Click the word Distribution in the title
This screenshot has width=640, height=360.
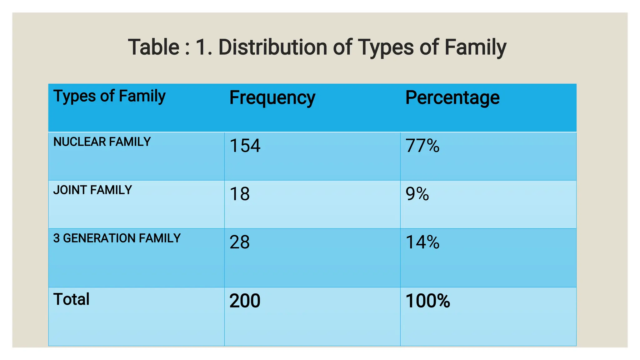click(x=273, y=47)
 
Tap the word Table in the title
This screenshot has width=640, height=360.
click(x=153, y=47)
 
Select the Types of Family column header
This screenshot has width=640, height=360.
click(x=109, y=96)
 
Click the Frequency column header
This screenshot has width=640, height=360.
click(x=272, y=98)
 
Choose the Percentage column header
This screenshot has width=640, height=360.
click(x=452, y=98)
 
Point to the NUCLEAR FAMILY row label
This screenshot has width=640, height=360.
click(x=102, y=142)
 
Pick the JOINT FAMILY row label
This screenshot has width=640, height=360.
click(x=92, y=190)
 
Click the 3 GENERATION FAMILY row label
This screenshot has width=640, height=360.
click(x=117, y=238)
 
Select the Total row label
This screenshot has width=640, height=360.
click(x=71, y=299)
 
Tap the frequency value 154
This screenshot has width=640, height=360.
click(x=245, y=146)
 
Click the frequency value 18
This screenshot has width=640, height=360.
click(x=239, y=194)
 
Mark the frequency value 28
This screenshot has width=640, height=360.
click(x=239, y=242)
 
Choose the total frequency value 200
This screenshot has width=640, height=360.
click(x=245, y=301)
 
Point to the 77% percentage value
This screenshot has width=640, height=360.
click(x=422, y=146)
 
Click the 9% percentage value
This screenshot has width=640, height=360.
click(x=417, y=194)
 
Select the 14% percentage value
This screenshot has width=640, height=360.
click(x=422, y=242)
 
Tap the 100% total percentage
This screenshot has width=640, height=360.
click(x=427, y=301)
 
